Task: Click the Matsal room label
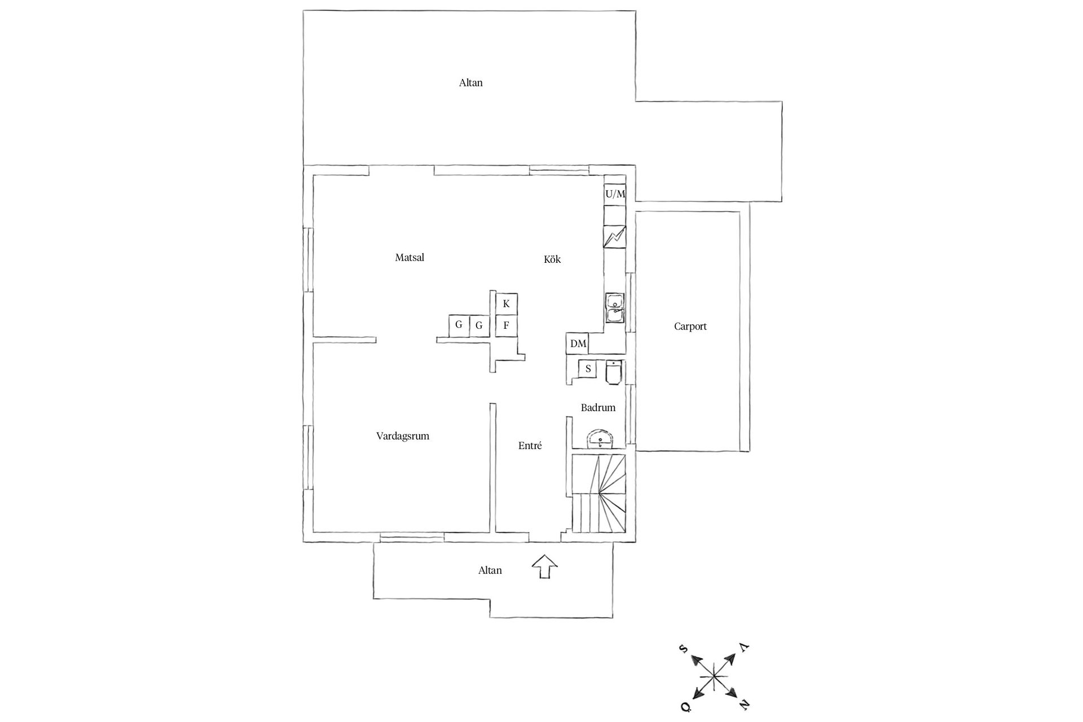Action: pyautogui.click(x=410, y=258)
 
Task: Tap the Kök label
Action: pyautogui.click(x=552, y=259)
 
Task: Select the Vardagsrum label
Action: pyautogui.click(x=403, y=436)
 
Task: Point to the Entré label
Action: pyautogui.click(x=530, y=446)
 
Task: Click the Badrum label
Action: pyautogui.click(x=598, y=407)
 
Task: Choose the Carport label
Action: pyautogui.click(x=690, y=326)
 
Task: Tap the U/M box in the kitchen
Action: pyautogui.click(x=615, y=195)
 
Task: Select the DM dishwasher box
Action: pyautogui.click(x=578, y=344)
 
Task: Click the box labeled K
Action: pyautogui.click(x=507, y=304)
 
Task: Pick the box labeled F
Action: pyautogui.click(x=507, y=325)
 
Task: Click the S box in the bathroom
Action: pyautogui.click(x=588, y=369)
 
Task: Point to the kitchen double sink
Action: pyautogui.click(x=614, y=308)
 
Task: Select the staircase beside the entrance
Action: pyautogui.click(x=599, y=494)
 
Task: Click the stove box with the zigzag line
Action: pyautogui.click(x=615, y=237)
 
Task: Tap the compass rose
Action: pyautogui.click(x=715, y=675)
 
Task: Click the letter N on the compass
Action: pyautogui.click(x=745, y=704)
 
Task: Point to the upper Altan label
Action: pyautogui.click(x=471, y=83)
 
